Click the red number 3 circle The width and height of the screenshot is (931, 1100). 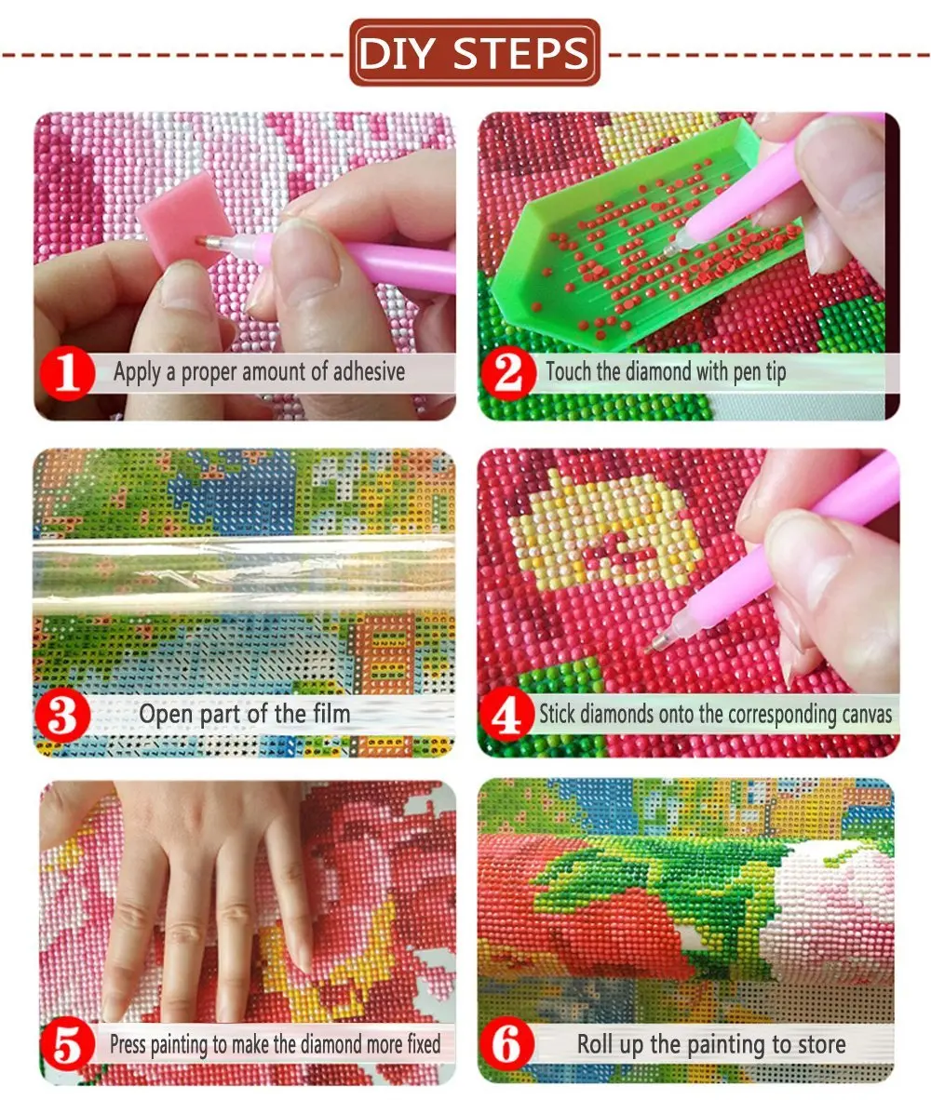pos(66,715)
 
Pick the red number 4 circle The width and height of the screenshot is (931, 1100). pos(507,717)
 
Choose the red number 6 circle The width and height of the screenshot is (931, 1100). pos(508,1044)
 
